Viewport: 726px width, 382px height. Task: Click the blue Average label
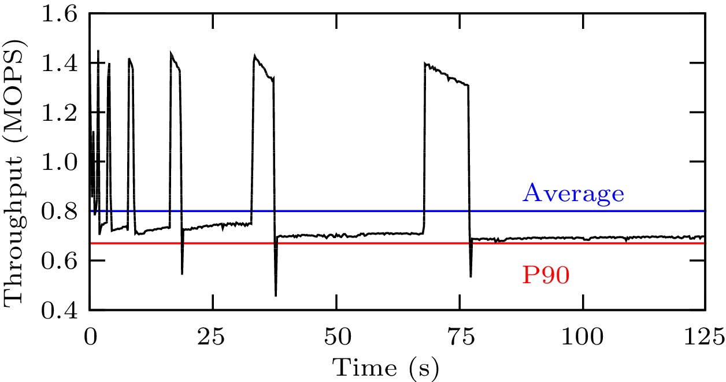coord(573,194)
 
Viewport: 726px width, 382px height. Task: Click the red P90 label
coord(546,276)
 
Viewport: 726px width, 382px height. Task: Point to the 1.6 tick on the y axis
coord(61,13)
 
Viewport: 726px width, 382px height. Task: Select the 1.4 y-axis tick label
coord(61,63)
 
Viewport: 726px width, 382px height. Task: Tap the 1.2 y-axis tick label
coord(61,113)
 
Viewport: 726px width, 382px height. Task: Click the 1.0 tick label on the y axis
coord(61,162)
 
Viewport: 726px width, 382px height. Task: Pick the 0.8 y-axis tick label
coord(61,212)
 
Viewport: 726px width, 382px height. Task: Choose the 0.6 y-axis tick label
coord(61,261)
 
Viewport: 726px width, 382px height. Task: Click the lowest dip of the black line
coord(276,295)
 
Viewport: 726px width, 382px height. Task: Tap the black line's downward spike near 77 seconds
coord(471,276)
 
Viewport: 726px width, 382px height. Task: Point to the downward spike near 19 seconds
coord(182,273)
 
